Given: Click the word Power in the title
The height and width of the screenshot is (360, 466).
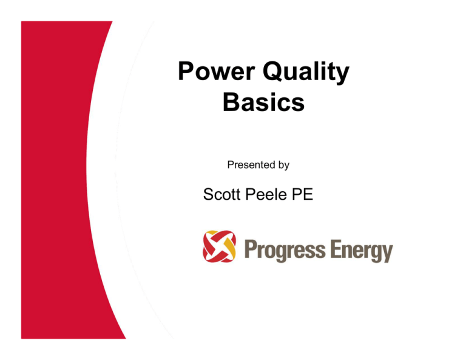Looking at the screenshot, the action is tap(217, 71).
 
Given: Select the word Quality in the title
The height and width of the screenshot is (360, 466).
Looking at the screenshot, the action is tap(306, 72).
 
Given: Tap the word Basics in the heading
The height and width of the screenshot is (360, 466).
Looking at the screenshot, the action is tap(263, 102).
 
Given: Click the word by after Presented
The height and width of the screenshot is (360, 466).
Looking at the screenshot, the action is tap(284, 165).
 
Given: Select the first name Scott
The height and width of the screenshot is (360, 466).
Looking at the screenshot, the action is tap(221, 194).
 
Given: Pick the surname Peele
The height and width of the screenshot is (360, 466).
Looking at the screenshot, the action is tap(266, 194).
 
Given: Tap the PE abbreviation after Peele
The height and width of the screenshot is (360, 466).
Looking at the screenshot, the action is tap(303, 194).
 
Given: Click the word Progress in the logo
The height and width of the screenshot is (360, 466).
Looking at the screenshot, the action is tap(285, 250).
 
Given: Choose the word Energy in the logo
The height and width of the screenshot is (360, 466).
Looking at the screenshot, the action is tap(362, 251).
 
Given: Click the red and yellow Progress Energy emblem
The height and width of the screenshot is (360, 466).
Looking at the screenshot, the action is tap(219, 246).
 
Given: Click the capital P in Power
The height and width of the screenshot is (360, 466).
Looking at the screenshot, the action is tap(186, 71).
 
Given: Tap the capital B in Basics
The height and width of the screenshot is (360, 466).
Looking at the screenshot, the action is tap(231, 102).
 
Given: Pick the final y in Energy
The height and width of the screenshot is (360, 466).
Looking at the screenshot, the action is tap(387, 254).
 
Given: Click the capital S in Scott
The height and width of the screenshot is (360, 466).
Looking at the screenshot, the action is tap(209, 194).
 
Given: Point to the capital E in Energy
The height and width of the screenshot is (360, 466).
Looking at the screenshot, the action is tap(335, 249).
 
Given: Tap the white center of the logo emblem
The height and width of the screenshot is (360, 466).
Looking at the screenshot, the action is tap(220, 246).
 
